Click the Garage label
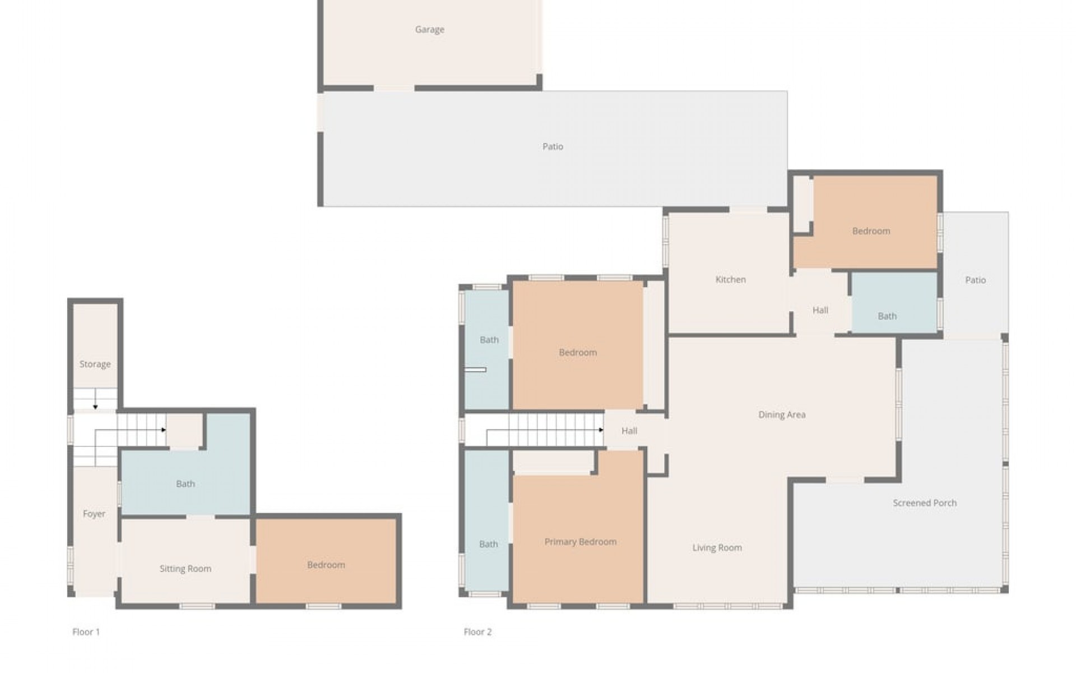tap(430, 30)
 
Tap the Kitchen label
tap(730, 279)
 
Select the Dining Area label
tap(782, 415)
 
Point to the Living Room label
tap(717, 548)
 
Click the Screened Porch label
tap(925, 503)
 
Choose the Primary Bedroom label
tap(580, 542)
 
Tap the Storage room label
tap(95, 365)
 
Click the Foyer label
tap(94, 514)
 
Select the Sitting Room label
tap(185, 569)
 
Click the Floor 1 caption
tap(86, 632)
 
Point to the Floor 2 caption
tap(477, 632)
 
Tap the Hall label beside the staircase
tap(629, 431)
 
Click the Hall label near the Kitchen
tap(820, 310)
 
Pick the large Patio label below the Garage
tap(553, 147)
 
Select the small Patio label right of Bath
tap(975, 280)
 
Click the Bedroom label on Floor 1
tap(326, 565)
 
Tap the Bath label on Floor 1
tap(185, 484)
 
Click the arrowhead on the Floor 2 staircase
tap(601, 430)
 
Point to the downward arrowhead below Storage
tap(96, 407)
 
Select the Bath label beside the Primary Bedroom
tap(488, 544)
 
